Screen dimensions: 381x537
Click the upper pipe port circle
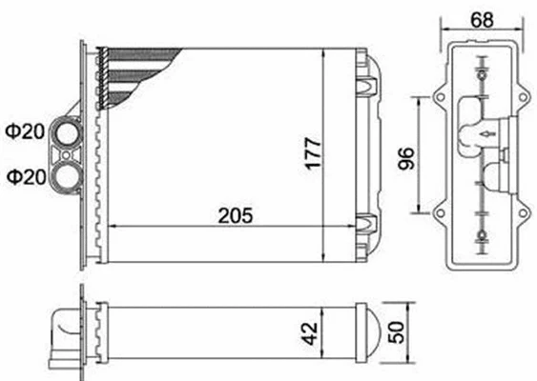click(68, 130)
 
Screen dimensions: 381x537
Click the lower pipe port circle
click(68, 175)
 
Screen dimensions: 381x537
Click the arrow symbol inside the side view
click(487, 134)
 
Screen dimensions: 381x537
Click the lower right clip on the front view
click(366, 225)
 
